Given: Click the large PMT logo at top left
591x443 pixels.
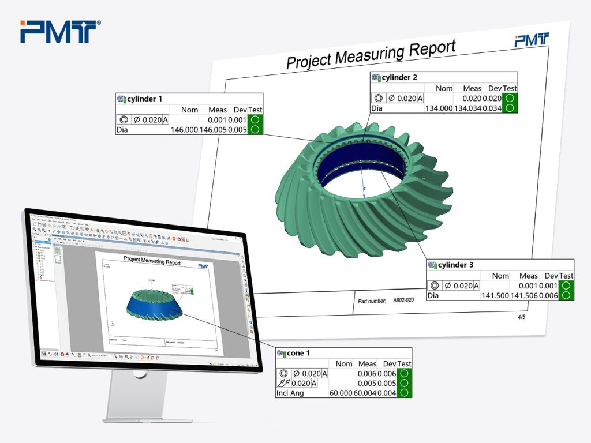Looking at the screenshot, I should [60, 31].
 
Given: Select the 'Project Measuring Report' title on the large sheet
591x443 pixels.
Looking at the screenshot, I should [371, 54].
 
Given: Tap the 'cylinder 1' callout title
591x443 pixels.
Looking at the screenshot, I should [145, 99].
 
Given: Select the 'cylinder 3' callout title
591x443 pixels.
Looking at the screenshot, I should [455, 265].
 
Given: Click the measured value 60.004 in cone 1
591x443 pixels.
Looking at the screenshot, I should [367, 393].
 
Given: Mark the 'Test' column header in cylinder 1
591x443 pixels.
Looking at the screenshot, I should [255, 110].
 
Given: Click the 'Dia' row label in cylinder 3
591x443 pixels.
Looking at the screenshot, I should [433, 295].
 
